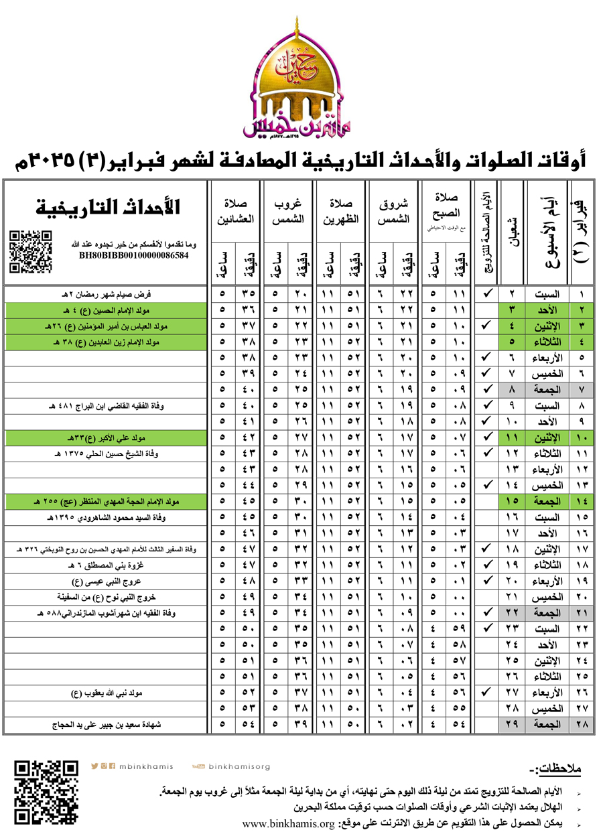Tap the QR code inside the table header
(31, 251)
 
